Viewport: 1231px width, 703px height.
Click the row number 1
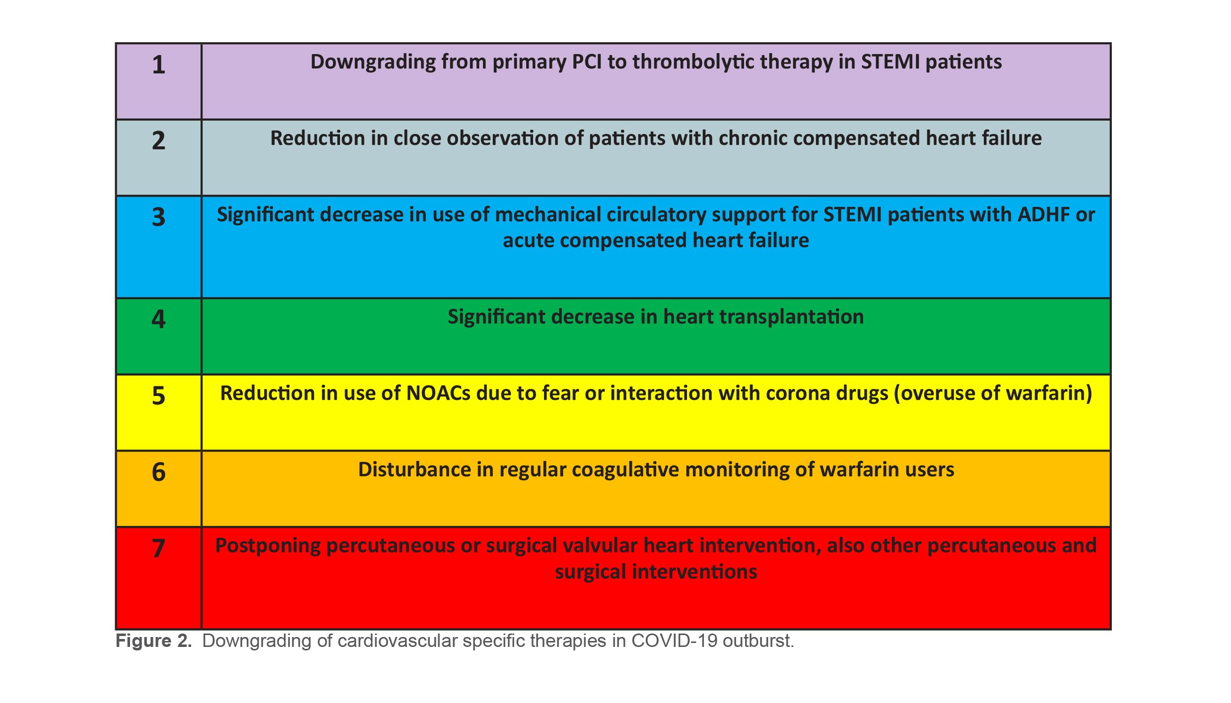[158, 65]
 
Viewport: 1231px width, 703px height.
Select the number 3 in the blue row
[158, 217]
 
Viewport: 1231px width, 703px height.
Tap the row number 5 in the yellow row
[158, 396]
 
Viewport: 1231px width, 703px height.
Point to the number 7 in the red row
[158, 548]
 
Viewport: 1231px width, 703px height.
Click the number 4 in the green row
[158, 319]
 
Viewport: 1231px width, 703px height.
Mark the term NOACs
[438, 393]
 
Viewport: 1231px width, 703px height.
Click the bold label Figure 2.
[153, 641]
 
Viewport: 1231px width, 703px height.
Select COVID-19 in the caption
[674, 641]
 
